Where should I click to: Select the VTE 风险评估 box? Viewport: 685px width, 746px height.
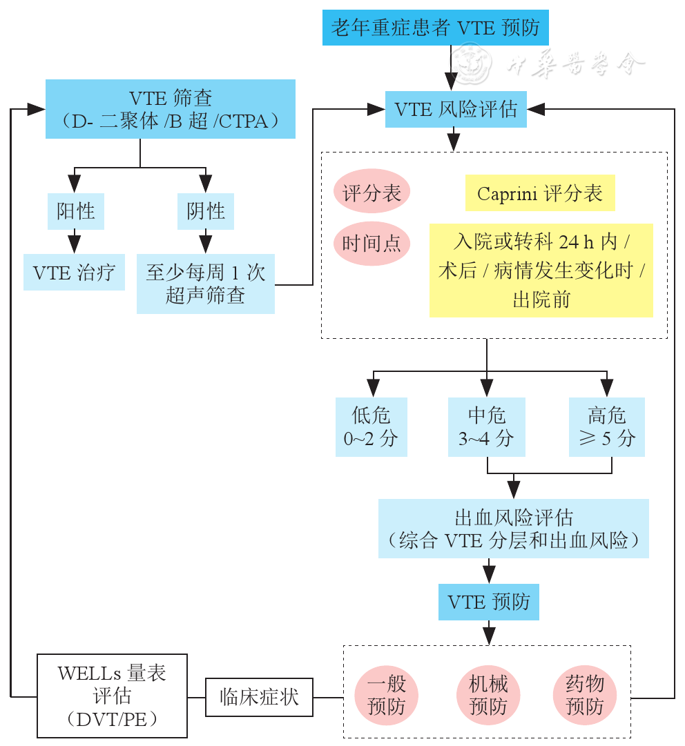click(x=456, y=109)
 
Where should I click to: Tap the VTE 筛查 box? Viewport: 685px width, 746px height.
click(x=171, y=109)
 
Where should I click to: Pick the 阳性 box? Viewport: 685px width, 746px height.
click(x=75, y=210)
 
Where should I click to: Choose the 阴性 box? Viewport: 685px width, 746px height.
click(x=205, y=210)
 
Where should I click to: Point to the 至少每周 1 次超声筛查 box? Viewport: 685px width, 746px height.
click(x=205, y=284)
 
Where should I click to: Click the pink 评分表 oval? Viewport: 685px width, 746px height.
click(x=372, y=193)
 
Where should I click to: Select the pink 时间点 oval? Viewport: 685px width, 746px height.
click(x=372, y=243)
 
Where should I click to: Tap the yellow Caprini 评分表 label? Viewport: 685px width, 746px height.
click(x=539, y=193)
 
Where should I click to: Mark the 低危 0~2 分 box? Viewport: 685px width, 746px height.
click(x=371, y=426)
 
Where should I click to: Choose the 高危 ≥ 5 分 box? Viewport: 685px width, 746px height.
click(x=606, y=426)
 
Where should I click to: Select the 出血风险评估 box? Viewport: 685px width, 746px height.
click(x=513, y=528)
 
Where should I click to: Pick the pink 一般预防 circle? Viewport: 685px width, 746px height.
click(x=387, y=695)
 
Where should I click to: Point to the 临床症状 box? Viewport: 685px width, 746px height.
click(x=259, y=696)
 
